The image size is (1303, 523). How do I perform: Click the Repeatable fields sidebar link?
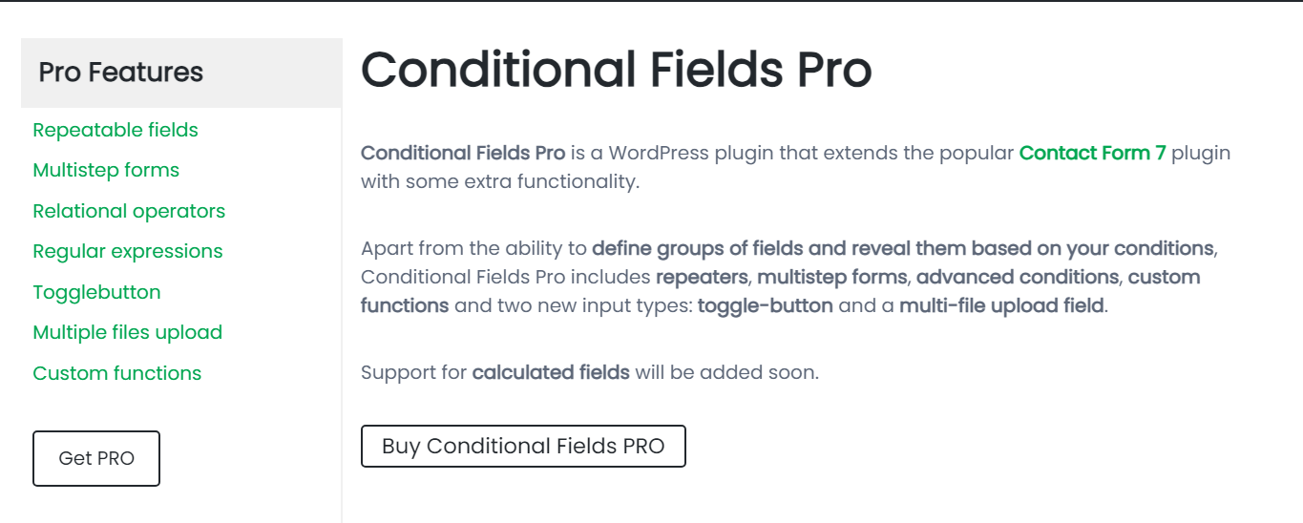116,130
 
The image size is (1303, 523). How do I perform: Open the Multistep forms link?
106,170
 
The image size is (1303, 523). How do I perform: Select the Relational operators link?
129,211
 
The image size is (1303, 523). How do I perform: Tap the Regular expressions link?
127,251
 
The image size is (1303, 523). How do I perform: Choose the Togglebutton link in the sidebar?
96,292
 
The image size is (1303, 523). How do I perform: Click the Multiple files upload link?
127,332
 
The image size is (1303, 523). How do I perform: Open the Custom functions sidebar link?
116,373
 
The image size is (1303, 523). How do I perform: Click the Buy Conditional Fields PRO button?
523,446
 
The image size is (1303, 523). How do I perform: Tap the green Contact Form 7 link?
1092,153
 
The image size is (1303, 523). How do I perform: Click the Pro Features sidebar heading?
121,73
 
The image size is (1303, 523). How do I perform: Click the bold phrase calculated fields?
551,372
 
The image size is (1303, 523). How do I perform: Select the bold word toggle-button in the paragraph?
765,306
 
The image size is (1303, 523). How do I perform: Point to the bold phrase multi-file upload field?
1001,306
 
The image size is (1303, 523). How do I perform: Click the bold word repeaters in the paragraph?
701,278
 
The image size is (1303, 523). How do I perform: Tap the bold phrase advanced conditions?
1017,278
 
